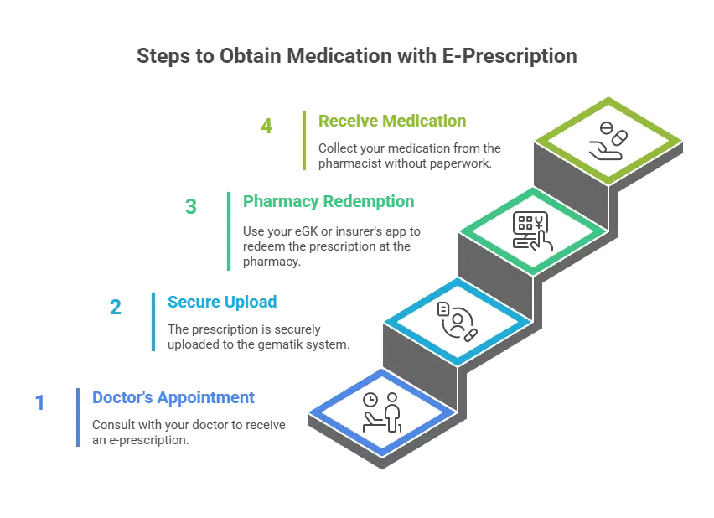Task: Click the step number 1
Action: (x=40, y=402)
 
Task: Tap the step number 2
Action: (x=116, y=307)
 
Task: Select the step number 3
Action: (x=191, y=206)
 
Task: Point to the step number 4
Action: (x=266, y=127)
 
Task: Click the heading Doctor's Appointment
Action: (x=173, y=398)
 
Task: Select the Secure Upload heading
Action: (x=222, y=302)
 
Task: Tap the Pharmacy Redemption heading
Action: (x=329, y=201)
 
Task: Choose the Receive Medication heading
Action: (x=392, y=122)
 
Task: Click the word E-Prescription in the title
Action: (x=510, y=56)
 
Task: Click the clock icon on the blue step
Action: (x=370, y=400)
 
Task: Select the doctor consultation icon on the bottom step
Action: (x=382, y=412)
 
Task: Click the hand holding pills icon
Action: (x=608, y=141)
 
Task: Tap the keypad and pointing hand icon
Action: (x=532, y=231)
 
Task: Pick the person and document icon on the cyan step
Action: (x=458, y=322)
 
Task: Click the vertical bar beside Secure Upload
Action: (x=153, y=322)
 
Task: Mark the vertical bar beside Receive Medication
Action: (x=304, y=141)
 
